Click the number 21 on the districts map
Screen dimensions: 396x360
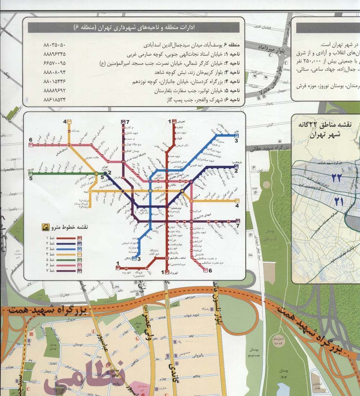(338, 201)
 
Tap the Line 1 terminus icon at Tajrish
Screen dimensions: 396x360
(174, 121)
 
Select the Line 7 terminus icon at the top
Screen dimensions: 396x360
(123, 121)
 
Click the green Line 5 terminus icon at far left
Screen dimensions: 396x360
(31, 173)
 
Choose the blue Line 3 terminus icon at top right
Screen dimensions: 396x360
(237, 136)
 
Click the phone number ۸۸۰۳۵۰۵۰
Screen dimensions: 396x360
(54, 45)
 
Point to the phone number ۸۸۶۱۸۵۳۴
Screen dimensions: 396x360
(54, 99)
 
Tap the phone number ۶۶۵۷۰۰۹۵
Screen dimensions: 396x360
(54, 63)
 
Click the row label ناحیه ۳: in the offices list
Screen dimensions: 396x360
(234, 72)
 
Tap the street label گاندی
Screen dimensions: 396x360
(172, 367)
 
